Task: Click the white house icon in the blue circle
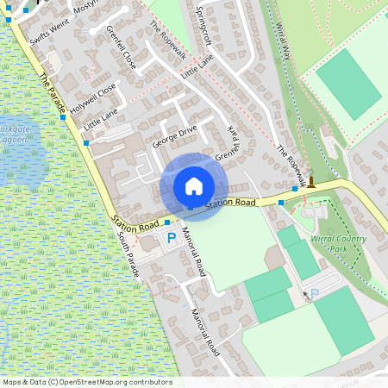coord(193,185)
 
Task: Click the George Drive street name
coord(175,135)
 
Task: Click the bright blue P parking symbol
coord(171,237)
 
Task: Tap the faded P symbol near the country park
coord(315,294)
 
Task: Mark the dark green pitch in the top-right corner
coord(348,83)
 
